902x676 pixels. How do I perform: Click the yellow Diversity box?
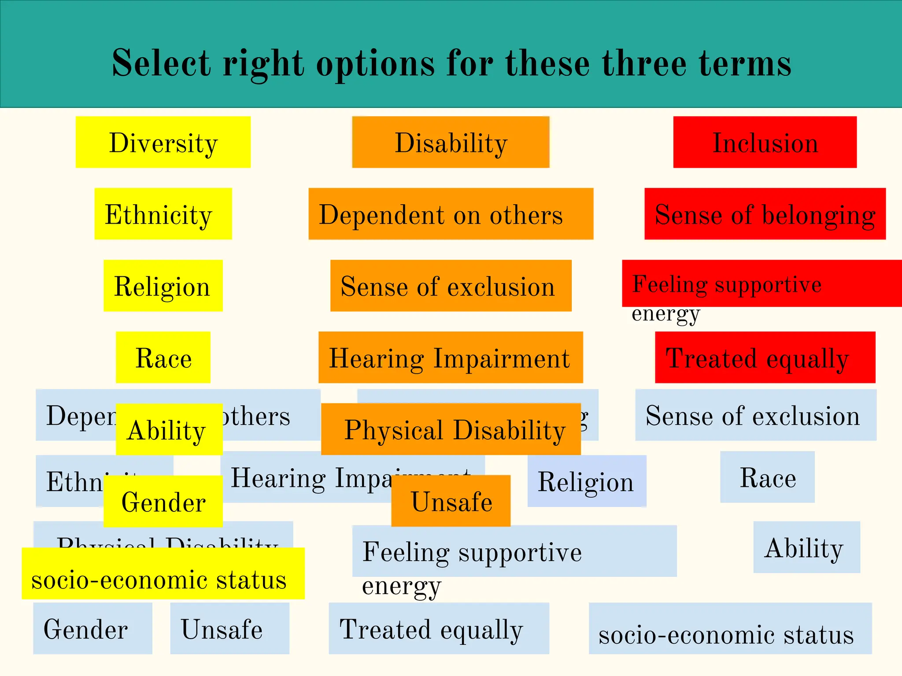click(163, 142)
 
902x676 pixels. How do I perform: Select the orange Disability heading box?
click(451, 142)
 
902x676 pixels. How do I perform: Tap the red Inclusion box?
click(765, 142)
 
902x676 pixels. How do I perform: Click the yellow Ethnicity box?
click(163, 214)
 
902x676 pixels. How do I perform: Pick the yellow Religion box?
click(163, 286)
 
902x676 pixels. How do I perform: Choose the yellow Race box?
click(163, 357)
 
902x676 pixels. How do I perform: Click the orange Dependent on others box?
click(451, 214)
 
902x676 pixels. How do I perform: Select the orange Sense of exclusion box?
click(451, 286)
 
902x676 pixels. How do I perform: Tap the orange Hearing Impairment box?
click(451, 357)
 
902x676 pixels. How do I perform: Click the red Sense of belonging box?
click(765, 214)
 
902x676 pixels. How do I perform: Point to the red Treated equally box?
click(765, 357)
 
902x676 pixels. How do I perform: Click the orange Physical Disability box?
click(451, 429)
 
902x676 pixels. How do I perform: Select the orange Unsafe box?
click(451, 501)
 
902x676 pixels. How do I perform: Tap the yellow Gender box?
click(163, 501)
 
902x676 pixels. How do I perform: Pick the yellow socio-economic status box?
click(163, 573)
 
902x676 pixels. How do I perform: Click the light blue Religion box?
click(587, 481)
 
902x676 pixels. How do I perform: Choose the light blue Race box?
click(767, 477)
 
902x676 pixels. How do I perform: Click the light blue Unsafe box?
click(229, 628)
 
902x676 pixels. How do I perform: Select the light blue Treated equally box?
click(439, 628)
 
